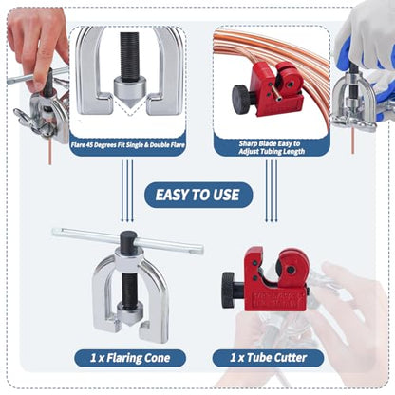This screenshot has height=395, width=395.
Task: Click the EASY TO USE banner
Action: [198, 195]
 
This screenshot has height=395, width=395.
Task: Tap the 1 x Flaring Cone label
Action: [130, 358]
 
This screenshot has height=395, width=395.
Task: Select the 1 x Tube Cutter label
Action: [268, 358]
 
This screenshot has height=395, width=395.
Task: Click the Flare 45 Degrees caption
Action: [128, 145]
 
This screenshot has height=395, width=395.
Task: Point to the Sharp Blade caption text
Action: [272, 147]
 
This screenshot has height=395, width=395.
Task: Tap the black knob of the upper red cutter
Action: [239, 95]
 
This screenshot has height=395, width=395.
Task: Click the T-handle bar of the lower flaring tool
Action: [127, 240]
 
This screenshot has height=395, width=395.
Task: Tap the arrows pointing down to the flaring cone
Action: [127, 190]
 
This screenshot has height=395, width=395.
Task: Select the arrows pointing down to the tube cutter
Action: [272, 190]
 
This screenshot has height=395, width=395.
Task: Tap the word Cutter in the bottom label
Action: [291, 358]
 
